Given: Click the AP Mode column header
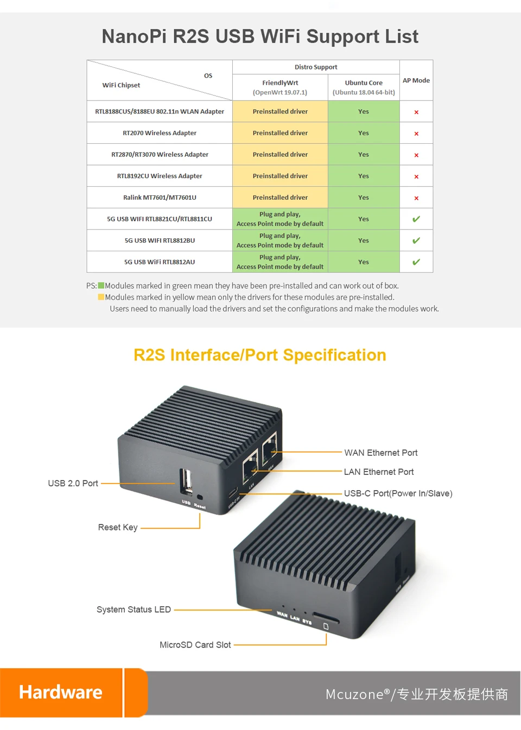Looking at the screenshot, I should point(416,80).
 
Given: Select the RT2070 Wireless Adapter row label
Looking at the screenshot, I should point(160,133).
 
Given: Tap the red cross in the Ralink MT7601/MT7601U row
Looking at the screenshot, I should point(416,198).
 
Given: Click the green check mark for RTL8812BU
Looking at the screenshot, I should point(416,240).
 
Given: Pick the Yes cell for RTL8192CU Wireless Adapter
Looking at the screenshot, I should point(364,176).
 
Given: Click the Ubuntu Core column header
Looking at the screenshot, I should point(364,87).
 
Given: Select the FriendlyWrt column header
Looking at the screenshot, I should point(280,87).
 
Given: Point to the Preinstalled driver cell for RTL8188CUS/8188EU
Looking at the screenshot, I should point(280,111).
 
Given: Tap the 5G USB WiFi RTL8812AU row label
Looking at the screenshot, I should point(160,262).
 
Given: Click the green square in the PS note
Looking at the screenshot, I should point(101,285).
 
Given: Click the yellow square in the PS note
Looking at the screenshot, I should point(101,297).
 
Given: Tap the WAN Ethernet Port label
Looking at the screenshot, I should point(381,453).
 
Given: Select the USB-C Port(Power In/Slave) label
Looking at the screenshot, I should point(398,493).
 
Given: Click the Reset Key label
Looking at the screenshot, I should point(118,528).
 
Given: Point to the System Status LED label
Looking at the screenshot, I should point(134,610).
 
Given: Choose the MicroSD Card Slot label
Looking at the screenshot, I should point(195,645).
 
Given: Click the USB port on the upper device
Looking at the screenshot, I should point(186,481).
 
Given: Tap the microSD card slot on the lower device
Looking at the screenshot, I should point(326,619).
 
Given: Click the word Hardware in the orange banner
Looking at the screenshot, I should point(61,693).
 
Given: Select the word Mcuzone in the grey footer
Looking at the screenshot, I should point(354,694).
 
